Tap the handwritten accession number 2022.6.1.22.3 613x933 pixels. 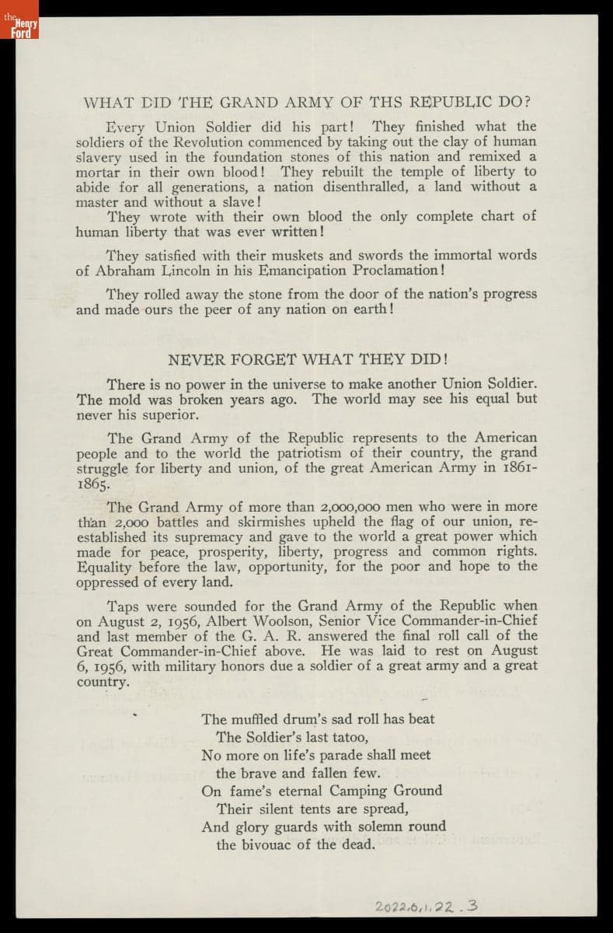(427, 906)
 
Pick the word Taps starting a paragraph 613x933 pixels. (122, 605)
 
